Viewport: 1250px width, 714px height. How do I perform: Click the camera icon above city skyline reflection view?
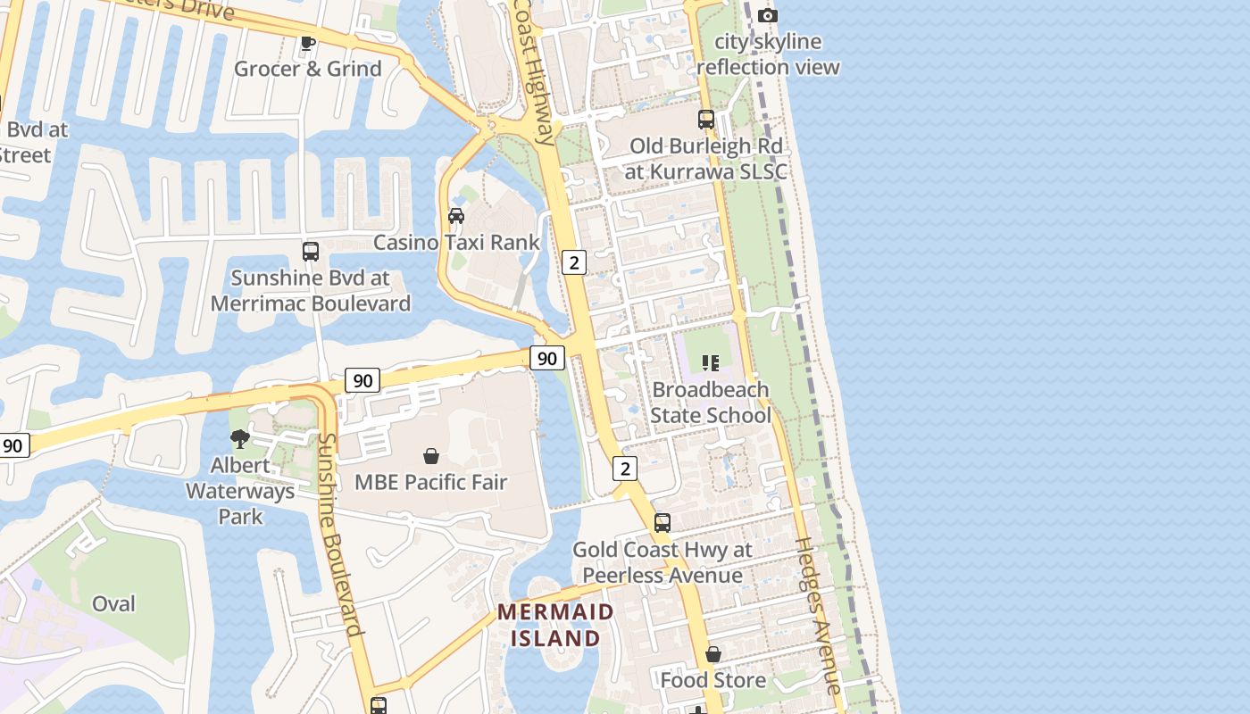[767, 15]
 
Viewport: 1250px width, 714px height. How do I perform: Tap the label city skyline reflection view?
[768, 54]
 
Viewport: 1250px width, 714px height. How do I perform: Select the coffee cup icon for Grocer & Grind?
[308, 43]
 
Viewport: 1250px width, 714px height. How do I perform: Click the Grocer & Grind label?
[307, 69]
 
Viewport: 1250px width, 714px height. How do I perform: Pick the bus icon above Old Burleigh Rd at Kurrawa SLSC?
[706, 119]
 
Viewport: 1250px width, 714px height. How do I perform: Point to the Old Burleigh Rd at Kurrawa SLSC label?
[705, 158]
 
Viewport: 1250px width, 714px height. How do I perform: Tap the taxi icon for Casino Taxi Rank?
[456, 216]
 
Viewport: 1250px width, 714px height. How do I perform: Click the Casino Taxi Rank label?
[456, 242]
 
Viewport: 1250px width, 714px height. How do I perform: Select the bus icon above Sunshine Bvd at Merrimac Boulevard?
[311, 252]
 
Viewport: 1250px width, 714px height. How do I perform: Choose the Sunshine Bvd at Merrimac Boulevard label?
[311, 290]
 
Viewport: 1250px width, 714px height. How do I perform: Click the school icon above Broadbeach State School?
[711, 363]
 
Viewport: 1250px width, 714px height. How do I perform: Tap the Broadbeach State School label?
[711, 403]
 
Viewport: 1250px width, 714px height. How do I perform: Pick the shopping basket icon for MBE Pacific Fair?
[431, 456]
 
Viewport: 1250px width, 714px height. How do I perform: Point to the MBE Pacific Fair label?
[431, 482]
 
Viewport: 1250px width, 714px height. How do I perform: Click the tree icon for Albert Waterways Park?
[240, 438]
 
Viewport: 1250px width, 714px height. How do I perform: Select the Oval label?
[114, 603]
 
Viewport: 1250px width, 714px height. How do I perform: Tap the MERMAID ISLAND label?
[555, 625]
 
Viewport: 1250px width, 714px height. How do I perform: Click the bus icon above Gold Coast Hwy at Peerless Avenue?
[662, 523]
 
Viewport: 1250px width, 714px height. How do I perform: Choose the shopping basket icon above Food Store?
[712, 655]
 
